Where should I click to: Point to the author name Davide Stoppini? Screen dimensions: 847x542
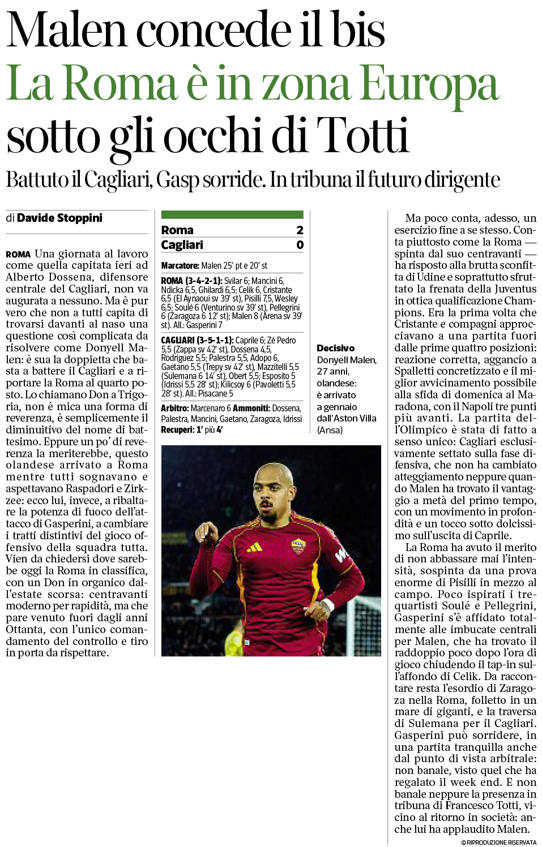59,218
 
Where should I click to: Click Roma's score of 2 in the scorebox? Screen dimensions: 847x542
300,230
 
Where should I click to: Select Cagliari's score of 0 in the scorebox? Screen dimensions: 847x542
300,244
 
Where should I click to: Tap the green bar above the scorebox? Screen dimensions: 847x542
232,214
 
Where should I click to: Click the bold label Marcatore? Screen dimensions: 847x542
180,265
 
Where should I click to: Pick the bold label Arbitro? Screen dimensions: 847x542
174,408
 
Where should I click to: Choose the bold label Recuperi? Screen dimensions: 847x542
177,429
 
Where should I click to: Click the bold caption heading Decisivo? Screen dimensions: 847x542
335,348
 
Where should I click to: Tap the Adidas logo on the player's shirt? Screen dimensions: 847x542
254,547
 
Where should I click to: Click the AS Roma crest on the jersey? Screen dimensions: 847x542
297,545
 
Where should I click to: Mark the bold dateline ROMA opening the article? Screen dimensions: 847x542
18,254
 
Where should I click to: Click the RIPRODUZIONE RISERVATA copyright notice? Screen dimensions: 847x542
498,842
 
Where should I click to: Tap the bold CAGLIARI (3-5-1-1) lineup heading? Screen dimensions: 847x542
197,340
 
